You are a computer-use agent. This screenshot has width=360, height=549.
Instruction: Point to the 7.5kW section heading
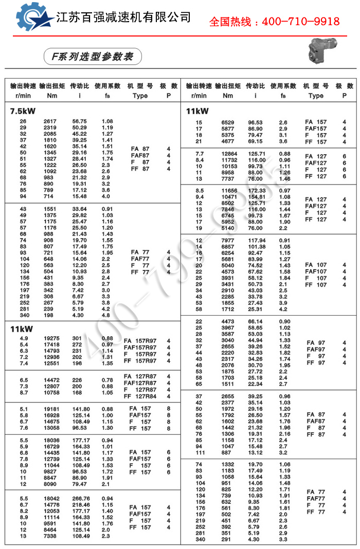22,111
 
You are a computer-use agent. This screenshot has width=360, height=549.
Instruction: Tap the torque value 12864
229,154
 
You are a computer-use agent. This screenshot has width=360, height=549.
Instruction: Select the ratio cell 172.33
256,191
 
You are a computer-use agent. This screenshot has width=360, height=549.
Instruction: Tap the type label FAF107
316,271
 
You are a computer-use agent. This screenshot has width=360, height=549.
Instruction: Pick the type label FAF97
316,350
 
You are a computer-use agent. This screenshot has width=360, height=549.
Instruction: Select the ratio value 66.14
255,322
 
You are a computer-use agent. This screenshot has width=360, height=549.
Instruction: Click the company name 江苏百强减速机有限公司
123,17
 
